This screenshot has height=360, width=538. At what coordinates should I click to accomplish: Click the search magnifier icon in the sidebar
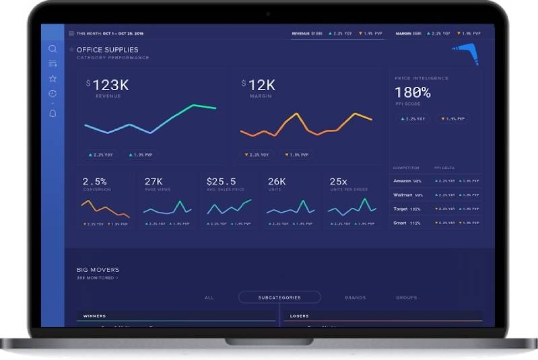point(53,48)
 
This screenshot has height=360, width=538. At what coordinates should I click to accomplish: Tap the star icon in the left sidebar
point(53,79)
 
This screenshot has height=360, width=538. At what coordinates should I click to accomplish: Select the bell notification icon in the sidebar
point(53,114)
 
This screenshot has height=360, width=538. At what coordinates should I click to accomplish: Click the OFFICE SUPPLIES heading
point(107,50)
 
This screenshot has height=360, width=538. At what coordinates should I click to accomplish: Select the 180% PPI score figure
point(412,93)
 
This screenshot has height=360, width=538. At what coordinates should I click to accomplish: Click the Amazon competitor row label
point(403,181)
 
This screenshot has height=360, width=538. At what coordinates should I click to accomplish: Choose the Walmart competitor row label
point(403,195)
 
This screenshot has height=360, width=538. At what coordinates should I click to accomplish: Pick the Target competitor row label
point(401,209)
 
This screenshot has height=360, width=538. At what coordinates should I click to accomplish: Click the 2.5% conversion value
point(94,182)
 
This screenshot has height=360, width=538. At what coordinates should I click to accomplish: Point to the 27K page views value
point(154,182)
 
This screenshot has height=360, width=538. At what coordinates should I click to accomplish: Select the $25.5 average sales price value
point(221,182)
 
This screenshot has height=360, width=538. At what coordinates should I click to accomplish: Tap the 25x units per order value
point(338,182)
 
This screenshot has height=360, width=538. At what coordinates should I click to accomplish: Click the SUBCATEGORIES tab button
point(279,297)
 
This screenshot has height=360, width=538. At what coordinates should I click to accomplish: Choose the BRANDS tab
point(355,297)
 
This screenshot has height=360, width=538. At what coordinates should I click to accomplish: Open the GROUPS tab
point(406,297)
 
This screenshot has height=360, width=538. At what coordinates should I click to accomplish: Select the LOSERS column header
point(299,316)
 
